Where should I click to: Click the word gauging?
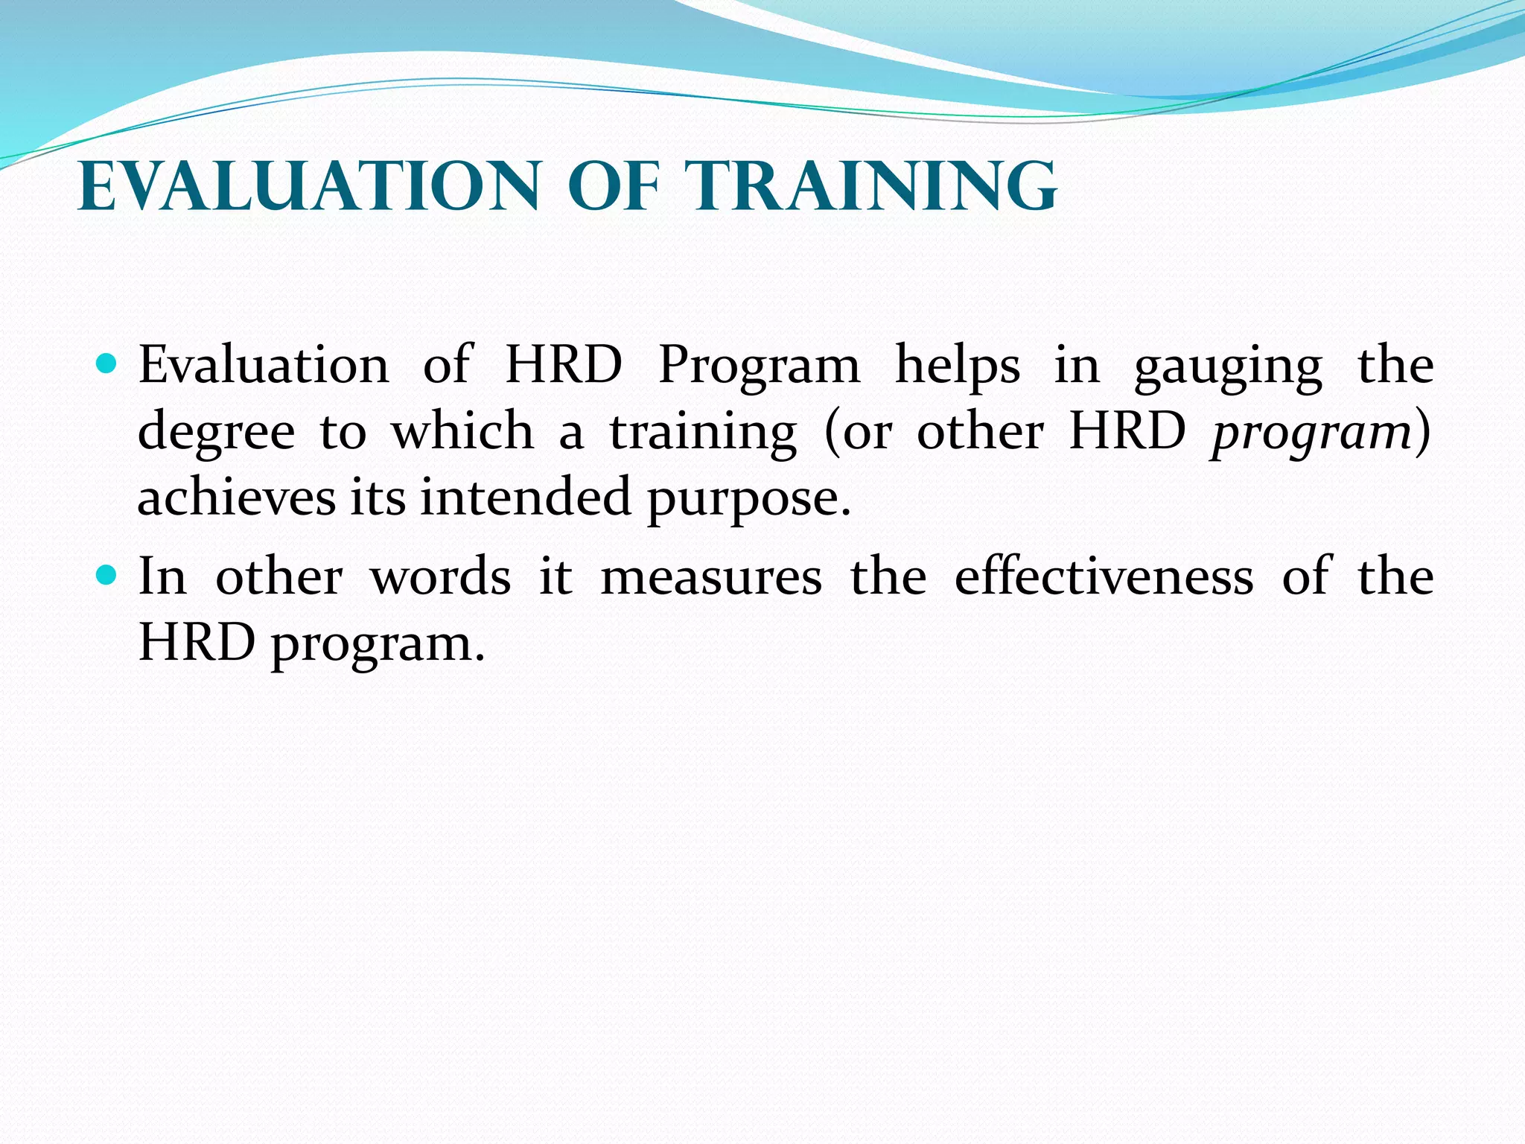(x=1228, y=367)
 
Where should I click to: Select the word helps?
(x=957, y=366)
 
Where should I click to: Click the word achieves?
(x=236, y=497)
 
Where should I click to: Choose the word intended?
(x=526, y=497)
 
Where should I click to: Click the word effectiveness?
(x=1104, y=576)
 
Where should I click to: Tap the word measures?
(x=711, y=578)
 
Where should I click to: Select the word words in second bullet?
(x=441, y=576)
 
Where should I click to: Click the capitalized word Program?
(x=759, y=367)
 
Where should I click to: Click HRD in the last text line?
(x=197, y=642)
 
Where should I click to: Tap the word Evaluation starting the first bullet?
(x=264, y=366)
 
